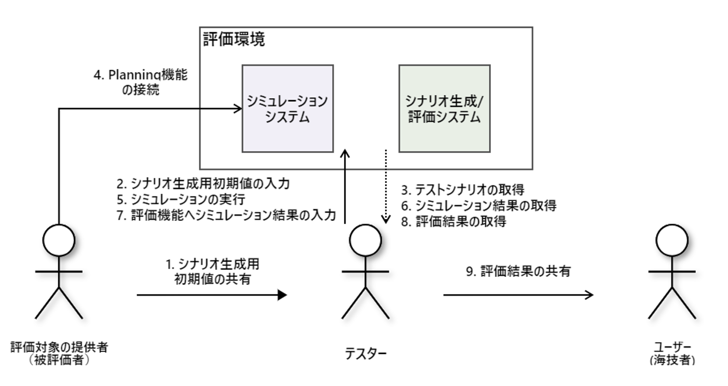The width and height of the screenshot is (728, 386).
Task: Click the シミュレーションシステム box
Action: [x=287, y=109]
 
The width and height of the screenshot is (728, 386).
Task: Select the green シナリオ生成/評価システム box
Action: [x=445, y=109]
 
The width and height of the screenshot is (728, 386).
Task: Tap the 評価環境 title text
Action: [x=234, y=39]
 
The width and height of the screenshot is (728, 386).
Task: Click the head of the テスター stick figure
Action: [x=365, y=240]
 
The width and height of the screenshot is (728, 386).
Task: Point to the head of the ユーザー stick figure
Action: [x=672, y=240]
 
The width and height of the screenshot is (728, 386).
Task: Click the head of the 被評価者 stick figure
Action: [x=59, y=240]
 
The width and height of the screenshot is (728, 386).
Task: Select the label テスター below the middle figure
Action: [x=366, y=353]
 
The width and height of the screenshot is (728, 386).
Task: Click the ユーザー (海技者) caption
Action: [x=672, y=353]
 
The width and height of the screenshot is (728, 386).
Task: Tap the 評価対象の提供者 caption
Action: [x=59, y=347]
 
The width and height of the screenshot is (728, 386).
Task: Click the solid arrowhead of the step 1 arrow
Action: [x=282, y=295]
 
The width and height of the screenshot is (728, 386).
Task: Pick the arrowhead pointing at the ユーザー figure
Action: [x=589, y=295]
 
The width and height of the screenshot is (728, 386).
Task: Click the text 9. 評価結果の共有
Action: [x=518, y=271]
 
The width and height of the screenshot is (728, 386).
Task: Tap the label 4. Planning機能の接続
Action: [x=141, y=82]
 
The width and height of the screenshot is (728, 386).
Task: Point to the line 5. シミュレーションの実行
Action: [x=181, y=199]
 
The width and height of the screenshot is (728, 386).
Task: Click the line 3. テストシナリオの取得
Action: [x=462, y=190]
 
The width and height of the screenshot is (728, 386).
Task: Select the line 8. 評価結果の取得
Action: [x=454, y=222]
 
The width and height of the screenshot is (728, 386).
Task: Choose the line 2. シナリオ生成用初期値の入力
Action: [x=203, y=184]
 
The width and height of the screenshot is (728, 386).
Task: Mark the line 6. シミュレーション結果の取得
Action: [x=479, y=206]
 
